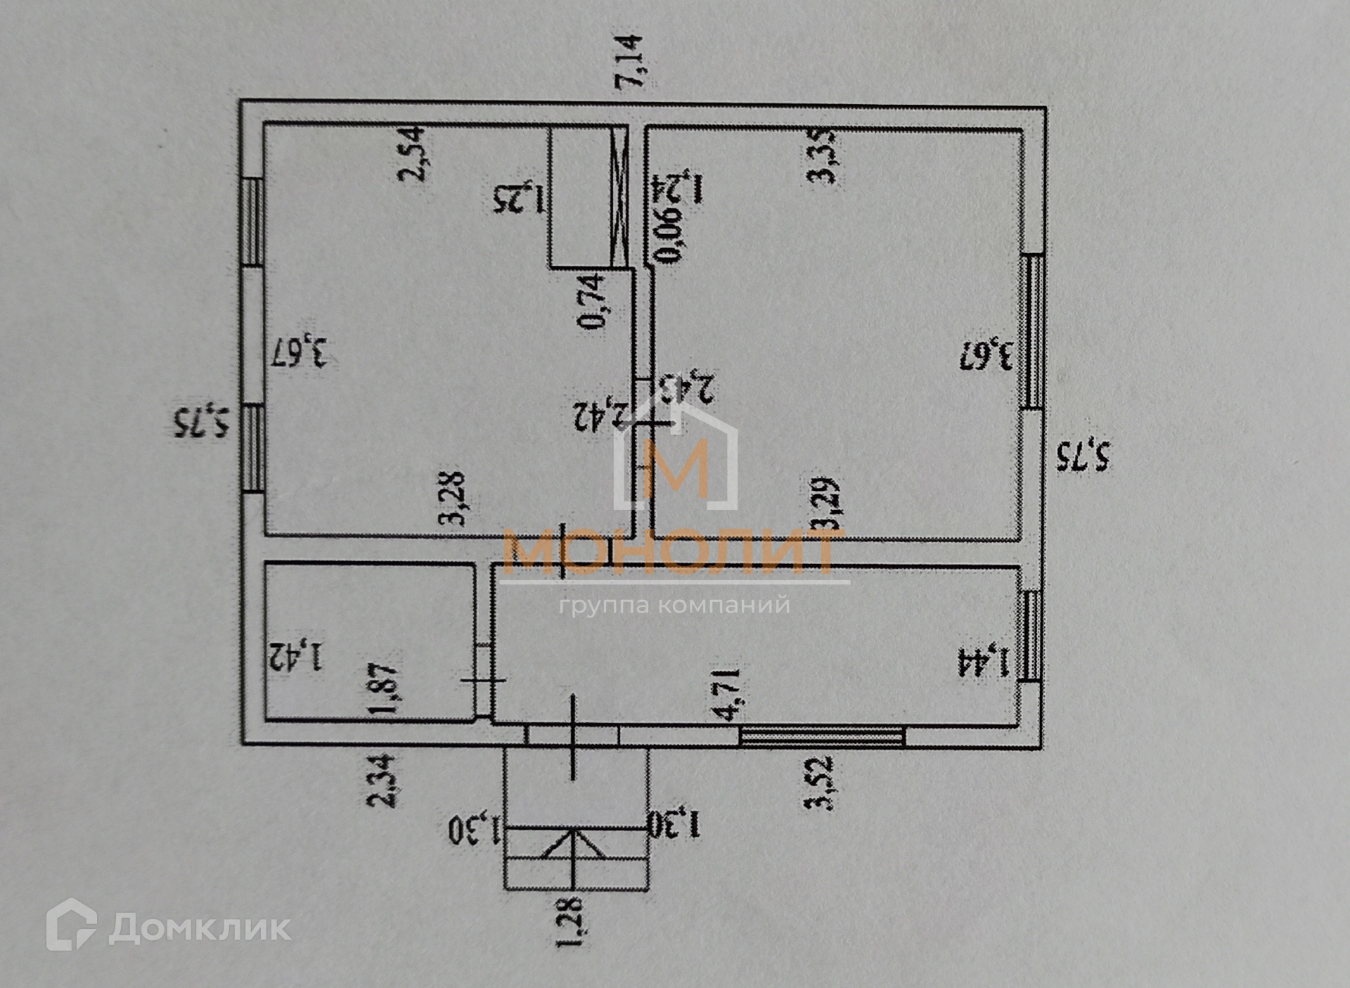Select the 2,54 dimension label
click(x=413, y=153)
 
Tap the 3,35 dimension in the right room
click(x=824, y=155)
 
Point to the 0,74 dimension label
click(x=591, y=301)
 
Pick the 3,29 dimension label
click(x=825, y=503)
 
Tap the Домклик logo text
click(x=200, y=928)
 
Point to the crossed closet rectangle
click(x=589, y=196)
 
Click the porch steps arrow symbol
click(x=574, y=843)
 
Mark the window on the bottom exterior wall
click(x=822, y=736)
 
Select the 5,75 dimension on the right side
click(x=1084, y=456)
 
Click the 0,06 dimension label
click(x=669, y=237)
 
